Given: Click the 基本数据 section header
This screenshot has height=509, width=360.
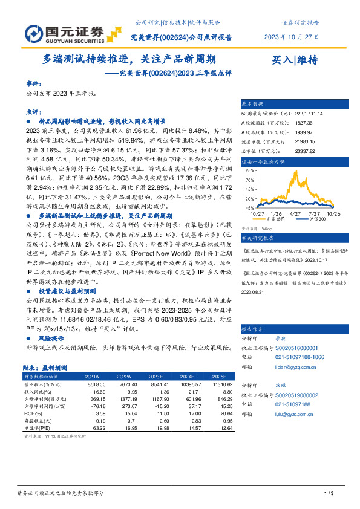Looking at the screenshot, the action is tap(254, 104).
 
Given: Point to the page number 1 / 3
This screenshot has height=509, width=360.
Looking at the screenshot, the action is tap(329, 494).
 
